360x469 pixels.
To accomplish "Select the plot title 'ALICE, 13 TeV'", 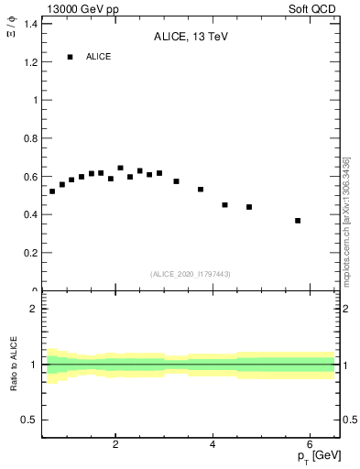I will (191, 37).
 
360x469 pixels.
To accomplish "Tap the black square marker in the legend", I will (70, 57).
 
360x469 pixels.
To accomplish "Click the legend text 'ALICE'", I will (99, 57).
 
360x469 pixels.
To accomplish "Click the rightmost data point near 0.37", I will (298, 221).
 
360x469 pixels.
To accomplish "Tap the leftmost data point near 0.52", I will (52, 191).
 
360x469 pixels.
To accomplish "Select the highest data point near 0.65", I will (120, 168).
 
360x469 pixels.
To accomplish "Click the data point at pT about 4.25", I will (224, 205).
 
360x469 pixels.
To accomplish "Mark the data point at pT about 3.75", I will (201, 190).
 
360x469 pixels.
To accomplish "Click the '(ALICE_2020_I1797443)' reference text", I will (191, 274).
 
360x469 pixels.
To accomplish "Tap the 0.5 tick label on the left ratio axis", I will (30, 420).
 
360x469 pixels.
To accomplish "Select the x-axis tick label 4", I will (213, 445).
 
